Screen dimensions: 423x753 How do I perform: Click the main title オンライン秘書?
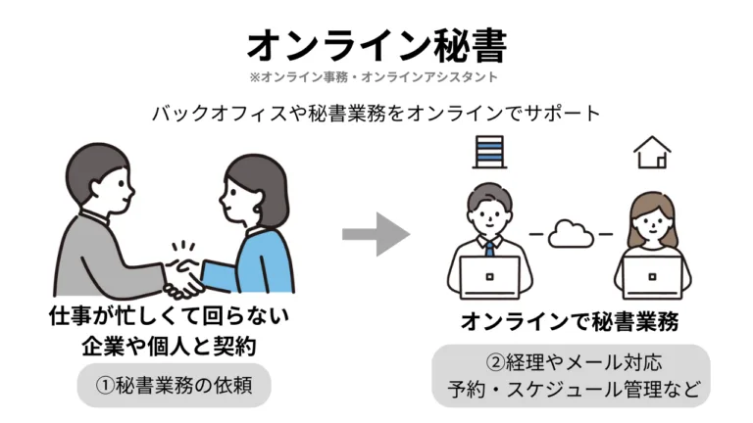point(376,43)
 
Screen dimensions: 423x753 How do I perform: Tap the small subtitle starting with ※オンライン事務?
point(376,76)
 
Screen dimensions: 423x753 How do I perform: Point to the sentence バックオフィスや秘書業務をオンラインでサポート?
point(376,112)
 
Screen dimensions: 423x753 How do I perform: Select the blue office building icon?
point(487,152)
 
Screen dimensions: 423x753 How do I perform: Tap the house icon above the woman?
point(652,153)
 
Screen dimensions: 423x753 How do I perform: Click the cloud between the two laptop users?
point(571,234)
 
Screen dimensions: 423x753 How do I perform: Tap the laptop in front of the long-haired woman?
point(652,279)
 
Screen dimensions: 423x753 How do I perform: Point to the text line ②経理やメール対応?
point(571,361)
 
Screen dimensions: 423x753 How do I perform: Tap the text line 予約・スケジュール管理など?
point(571,389)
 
